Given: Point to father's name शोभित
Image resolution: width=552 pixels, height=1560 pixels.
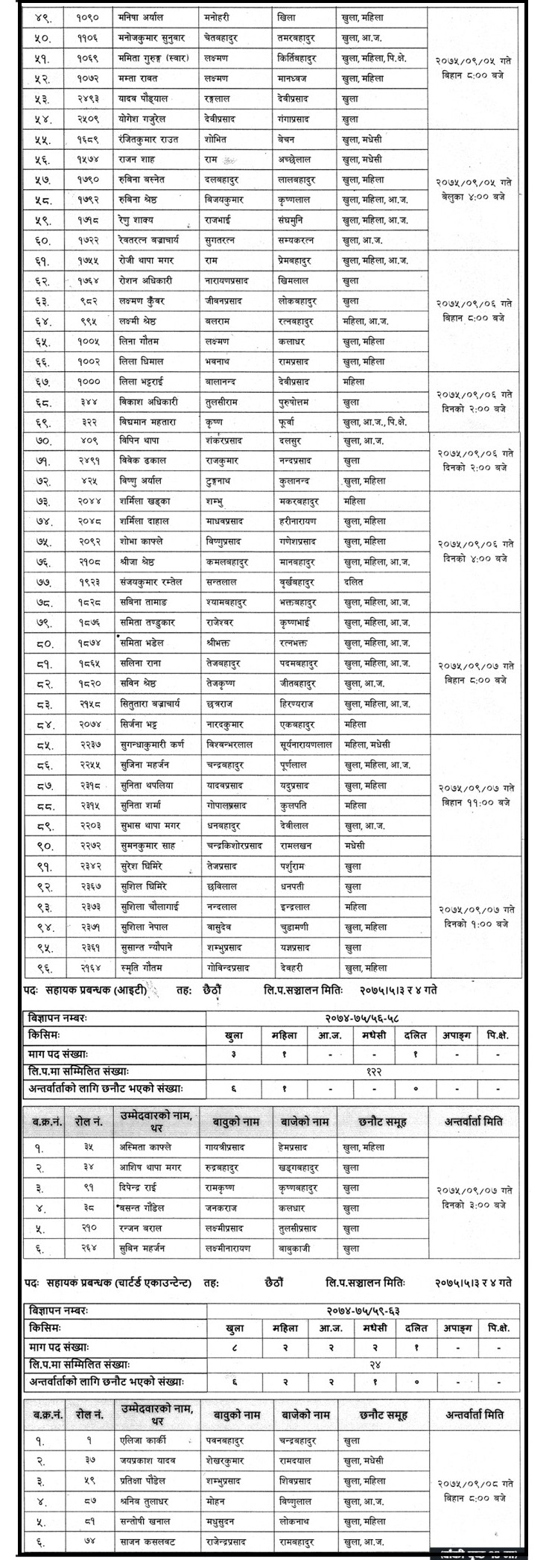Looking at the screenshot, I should [217, 139].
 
